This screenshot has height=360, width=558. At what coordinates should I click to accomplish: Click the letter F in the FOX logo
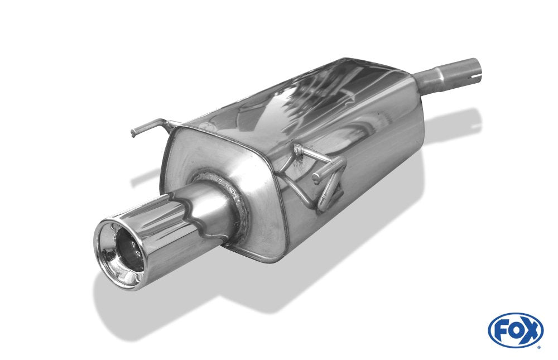(502, 330)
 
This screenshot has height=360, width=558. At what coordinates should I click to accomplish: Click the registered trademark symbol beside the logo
(539, 346)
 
